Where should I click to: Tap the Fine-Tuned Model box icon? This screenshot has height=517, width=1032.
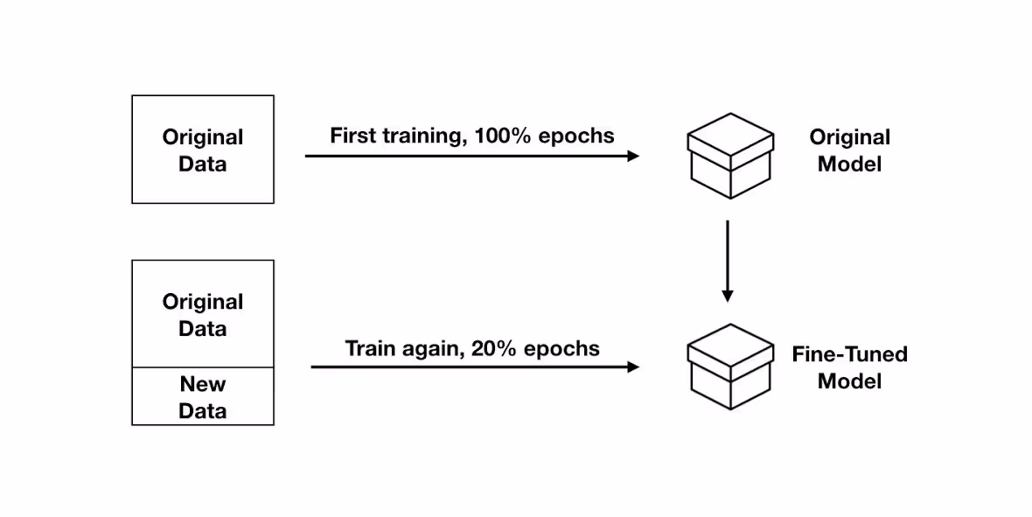pos(730,367)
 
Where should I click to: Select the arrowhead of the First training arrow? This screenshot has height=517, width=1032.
pos(634,156)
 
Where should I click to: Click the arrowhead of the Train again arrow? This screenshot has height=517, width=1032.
pos(634,367)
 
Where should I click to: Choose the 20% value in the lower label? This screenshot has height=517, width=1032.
pos(495,348)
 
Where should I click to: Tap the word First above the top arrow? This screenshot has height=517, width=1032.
pos(352,136)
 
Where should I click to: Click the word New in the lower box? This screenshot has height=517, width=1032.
pos(203,384)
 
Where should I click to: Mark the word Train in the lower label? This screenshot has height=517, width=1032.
pos(369,348)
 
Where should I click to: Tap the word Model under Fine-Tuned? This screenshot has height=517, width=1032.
pos(850,381)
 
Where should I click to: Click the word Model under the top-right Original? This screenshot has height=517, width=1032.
pos(850,164)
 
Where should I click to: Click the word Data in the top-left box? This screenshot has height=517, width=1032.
pos(203,164)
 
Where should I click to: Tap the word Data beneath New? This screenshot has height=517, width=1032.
pos(203,411)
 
